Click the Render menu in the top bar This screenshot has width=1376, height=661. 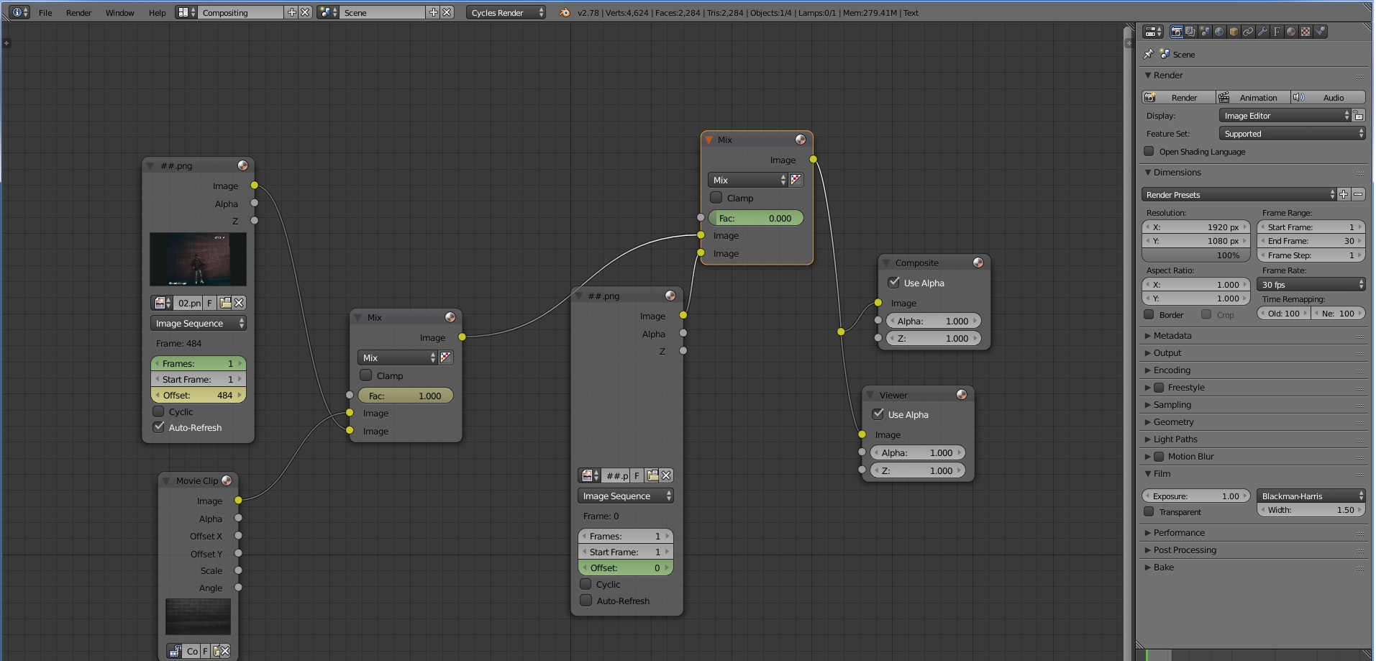tap(78, 13)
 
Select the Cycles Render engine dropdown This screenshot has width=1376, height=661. tap(506, 13)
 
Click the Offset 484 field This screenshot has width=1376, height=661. tap(198, 395)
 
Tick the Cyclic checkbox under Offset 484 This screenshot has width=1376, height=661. tap(159, 411)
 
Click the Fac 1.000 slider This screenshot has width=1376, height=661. tap(405, 396)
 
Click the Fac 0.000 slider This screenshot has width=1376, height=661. tap(755, 218)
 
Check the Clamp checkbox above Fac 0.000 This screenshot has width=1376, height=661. tap(716, 198)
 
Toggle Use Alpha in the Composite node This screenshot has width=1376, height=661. tap(894, 283)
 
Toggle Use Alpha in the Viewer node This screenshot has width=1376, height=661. tap(878, 414)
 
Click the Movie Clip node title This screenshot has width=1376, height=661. tap(196, 480)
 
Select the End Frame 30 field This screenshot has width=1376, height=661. tap(1311, 241)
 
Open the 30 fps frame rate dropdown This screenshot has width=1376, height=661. tap(1311, 285)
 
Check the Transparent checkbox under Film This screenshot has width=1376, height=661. tap(1149, 512)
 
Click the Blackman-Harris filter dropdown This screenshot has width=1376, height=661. tap(1311, 496)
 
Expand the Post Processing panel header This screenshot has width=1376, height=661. tap(1184, 550)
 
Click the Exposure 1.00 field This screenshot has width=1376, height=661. tap(1195, 496)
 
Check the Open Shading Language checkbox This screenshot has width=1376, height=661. tap(1149, 152)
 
